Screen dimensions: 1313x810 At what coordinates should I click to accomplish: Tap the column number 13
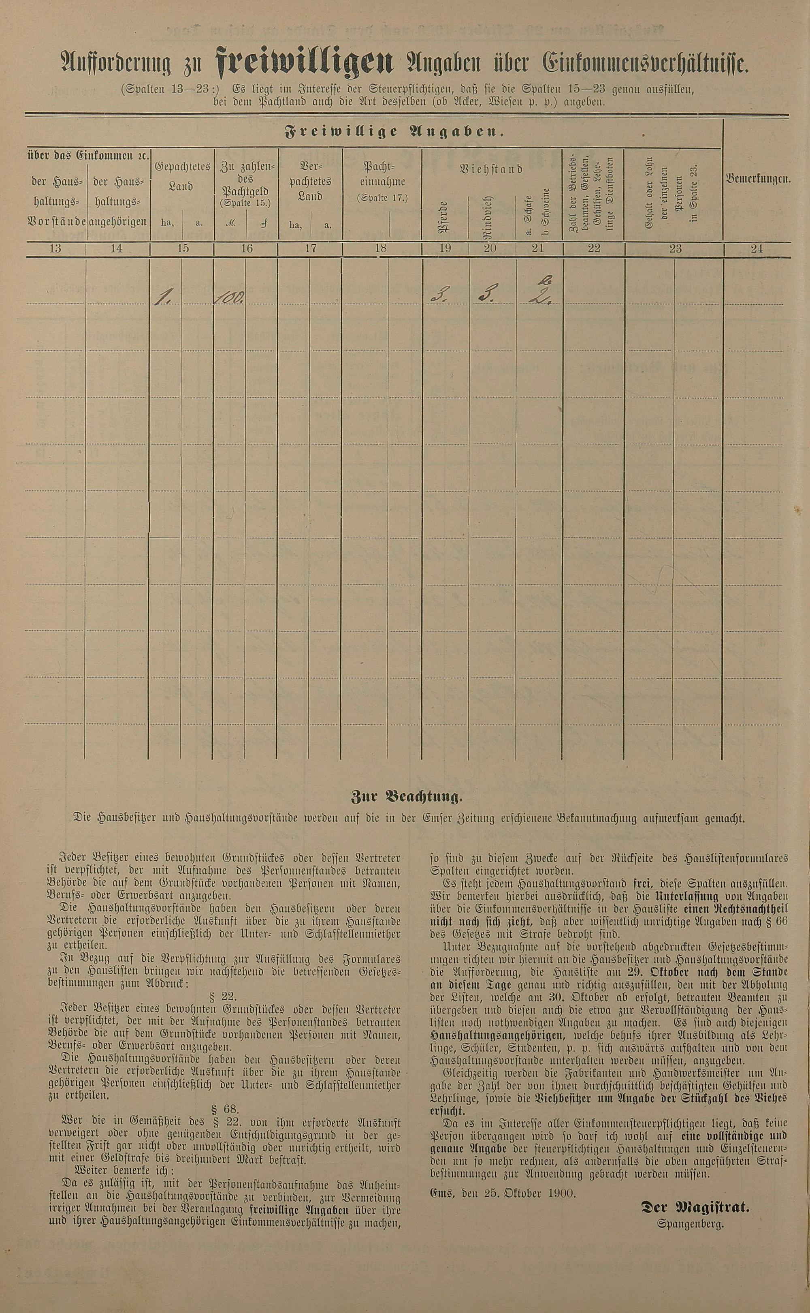click(x=55, y=249)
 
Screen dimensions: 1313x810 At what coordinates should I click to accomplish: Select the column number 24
click(x=757, y=249)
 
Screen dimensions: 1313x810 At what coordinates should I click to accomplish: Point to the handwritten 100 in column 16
click(x=229, y=298)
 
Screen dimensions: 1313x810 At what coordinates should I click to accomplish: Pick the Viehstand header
click(x=491, y=169)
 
